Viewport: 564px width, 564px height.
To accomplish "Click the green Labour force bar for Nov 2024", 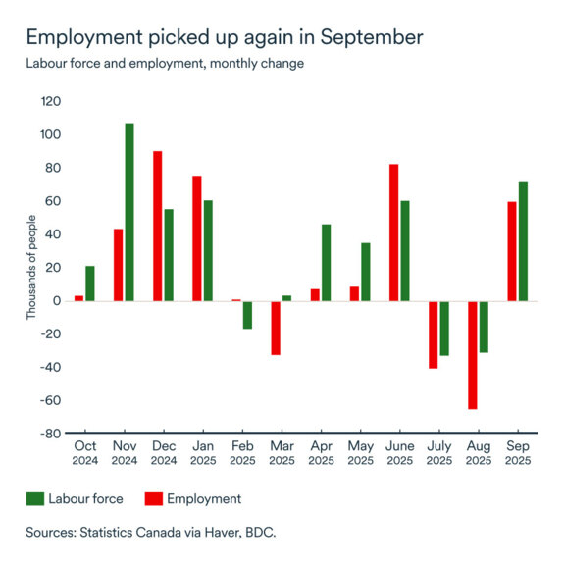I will [129, 212].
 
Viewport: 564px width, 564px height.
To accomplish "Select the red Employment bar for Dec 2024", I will [158, 226].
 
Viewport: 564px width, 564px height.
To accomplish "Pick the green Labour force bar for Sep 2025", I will [523, 241].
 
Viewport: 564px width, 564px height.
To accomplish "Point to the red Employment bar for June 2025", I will [393, 232].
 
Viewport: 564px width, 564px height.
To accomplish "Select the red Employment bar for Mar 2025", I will [276, 328].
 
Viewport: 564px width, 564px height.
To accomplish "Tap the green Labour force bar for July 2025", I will [444, 329].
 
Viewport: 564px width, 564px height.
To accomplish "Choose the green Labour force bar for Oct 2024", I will [90, 283].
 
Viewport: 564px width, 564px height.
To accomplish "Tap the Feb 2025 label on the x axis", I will [241, 453].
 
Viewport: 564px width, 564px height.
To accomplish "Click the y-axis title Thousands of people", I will [31, 267].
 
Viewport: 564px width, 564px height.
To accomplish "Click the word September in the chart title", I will [362, 38].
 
